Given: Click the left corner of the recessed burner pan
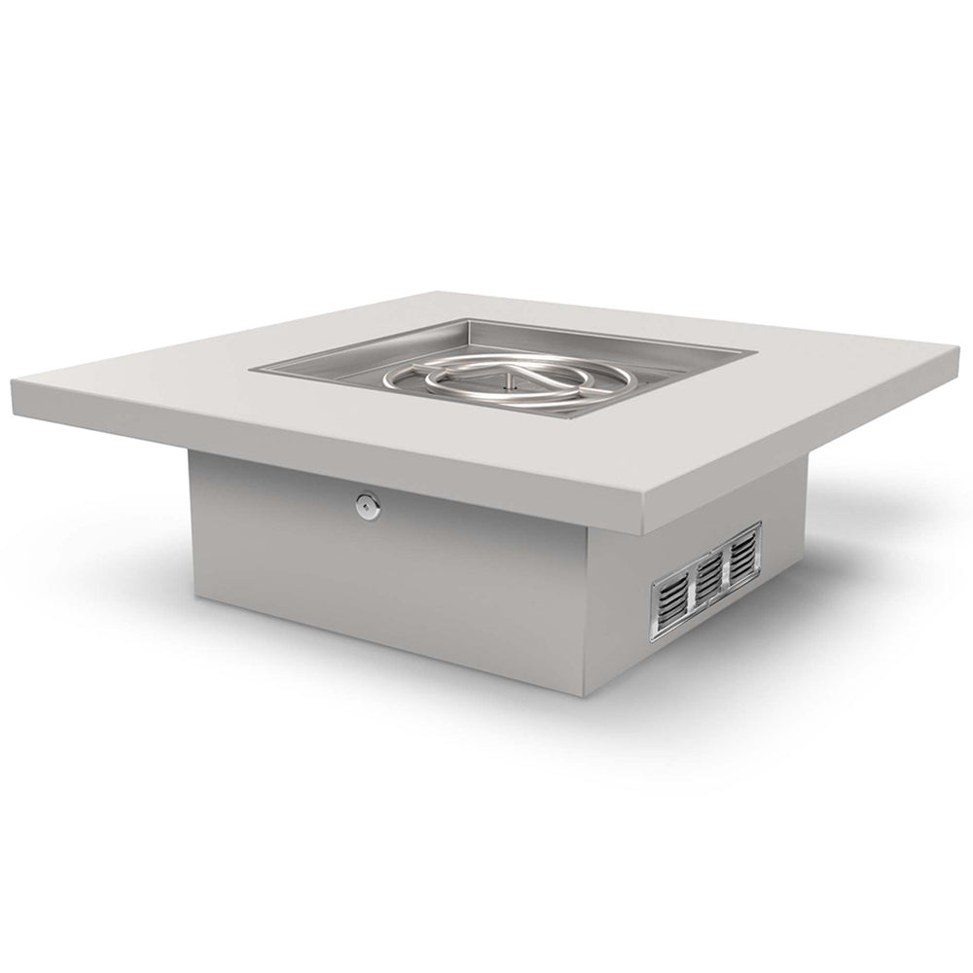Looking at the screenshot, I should [x=255, y=370].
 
